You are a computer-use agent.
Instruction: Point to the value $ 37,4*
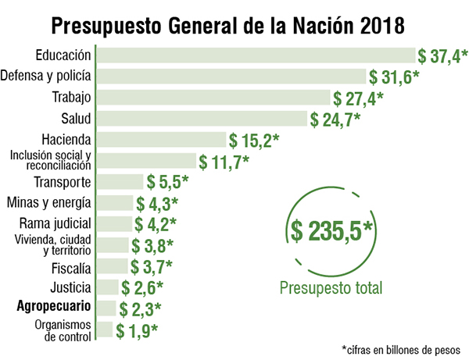pyautogui.click(x=442, y=55)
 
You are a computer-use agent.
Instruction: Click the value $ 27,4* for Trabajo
pyautogui.click(x=358, y=98)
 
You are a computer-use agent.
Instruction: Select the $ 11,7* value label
pyautogui.click(x=224, y=162)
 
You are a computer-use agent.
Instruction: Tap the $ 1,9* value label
pyautogui.click(x=138, y=330)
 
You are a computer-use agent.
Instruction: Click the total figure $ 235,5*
pyautogui.click(x=332, y=230)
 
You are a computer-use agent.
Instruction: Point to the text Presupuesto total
pyautogui.click(x=331, y=288)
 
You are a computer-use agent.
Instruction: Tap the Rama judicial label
pyautogui.click(x=55, y=225)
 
